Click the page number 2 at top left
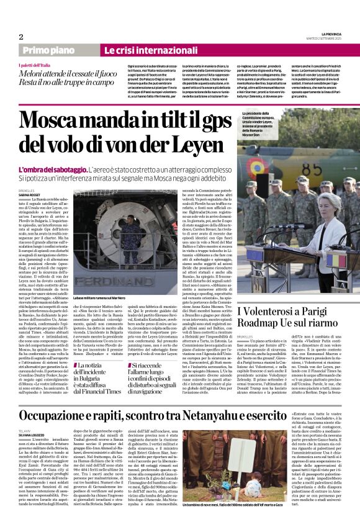click(20, 37)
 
